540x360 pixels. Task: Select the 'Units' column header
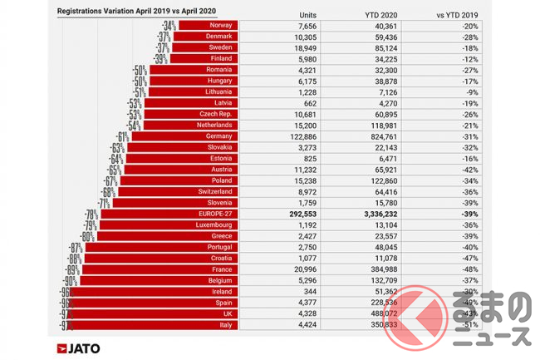click(307, 14)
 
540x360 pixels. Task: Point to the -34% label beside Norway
click(169, 26)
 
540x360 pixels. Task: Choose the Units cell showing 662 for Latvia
click(307, 103)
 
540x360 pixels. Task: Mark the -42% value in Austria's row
click(486, 170)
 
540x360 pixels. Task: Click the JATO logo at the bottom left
click(78, 348)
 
